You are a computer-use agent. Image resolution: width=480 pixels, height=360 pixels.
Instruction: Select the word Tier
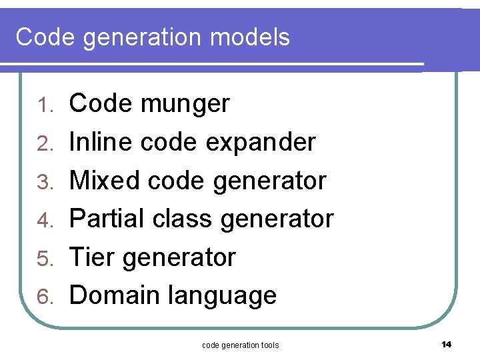91,257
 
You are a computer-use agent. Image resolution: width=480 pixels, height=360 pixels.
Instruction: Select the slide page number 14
447,344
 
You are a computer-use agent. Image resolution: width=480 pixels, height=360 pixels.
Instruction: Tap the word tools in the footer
269,345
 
